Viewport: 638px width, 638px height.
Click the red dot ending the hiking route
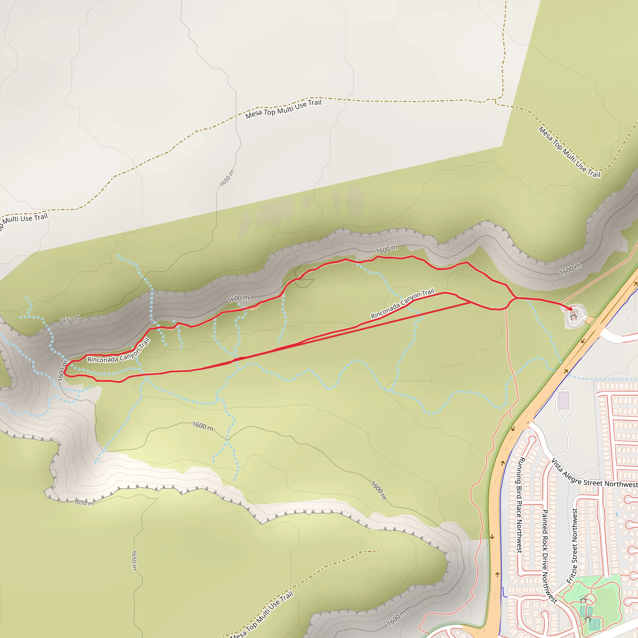tap(570, 309)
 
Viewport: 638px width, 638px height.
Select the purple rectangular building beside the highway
tap(564, 400)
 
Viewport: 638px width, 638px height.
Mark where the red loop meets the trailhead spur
tap(516, 298)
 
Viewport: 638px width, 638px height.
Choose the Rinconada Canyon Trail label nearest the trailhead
tap(402, 304)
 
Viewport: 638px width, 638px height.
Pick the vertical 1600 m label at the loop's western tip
tap(62, 371)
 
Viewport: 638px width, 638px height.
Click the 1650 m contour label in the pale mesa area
tap(227, 178)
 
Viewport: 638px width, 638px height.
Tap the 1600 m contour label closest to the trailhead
tap(570, 269)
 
